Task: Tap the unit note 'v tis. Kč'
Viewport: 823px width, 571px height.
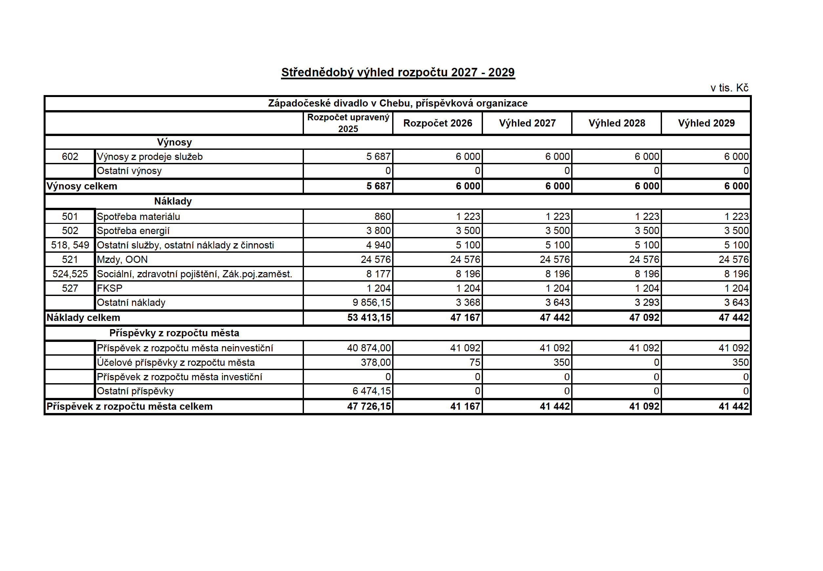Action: [729, 88]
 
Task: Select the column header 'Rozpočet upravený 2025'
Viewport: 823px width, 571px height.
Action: [348, 123]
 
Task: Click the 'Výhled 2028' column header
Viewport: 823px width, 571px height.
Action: [616, 123]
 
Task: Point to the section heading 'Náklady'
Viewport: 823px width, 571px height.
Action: [173, 201]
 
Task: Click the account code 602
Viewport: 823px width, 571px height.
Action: [70, 157]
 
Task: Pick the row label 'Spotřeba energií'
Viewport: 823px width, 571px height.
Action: [133, 231]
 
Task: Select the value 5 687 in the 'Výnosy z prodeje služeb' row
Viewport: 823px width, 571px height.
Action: [378, 157]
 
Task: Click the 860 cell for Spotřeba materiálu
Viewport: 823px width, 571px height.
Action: [382, 216]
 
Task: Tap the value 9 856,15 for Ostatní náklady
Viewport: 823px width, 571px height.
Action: [371, 303]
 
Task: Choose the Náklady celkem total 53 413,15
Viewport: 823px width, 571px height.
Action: [369, 318]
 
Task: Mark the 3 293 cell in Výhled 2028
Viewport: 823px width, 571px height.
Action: [647, 303]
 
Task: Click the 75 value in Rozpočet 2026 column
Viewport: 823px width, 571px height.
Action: [474, 363]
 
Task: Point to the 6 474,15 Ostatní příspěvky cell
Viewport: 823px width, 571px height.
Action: [371, 391]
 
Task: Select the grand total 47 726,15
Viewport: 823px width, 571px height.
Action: [369, 406]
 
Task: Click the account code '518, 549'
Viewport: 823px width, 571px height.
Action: [70, 245]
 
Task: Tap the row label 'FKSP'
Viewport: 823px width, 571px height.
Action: [110, 288]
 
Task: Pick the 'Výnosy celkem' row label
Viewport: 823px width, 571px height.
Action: [82, 187]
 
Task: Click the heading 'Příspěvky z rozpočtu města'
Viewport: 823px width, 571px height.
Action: [174, 333]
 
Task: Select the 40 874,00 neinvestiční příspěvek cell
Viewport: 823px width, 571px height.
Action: [369, 348]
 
